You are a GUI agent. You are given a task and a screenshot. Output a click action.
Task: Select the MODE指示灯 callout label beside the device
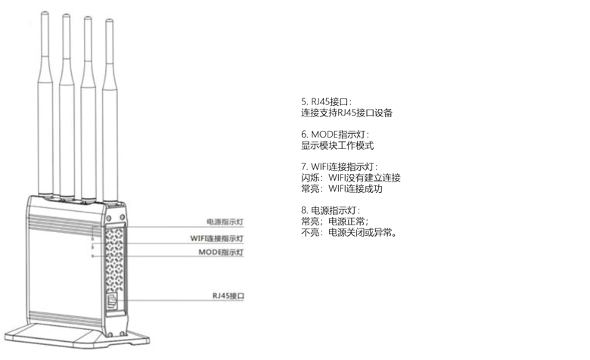pos(221,252)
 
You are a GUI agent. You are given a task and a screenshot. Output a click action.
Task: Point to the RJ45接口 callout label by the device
pos(228,296)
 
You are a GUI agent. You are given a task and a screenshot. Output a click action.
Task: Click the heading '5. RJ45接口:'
pos(327,101)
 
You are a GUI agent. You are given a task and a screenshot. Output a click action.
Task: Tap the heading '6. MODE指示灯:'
pos(334,134)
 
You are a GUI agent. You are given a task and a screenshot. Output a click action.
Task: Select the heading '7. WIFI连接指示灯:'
pos(340,166)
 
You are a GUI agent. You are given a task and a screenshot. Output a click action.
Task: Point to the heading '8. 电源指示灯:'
pos(331,210)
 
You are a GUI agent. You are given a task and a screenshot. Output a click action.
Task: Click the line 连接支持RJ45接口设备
pos(346,113)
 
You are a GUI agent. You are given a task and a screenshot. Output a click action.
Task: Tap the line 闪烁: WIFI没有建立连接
pos(350,178)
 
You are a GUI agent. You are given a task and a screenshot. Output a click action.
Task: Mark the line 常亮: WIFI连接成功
pos(342,189)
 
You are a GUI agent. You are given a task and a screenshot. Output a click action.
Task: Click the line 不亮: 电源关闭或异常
pos(349,233)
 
